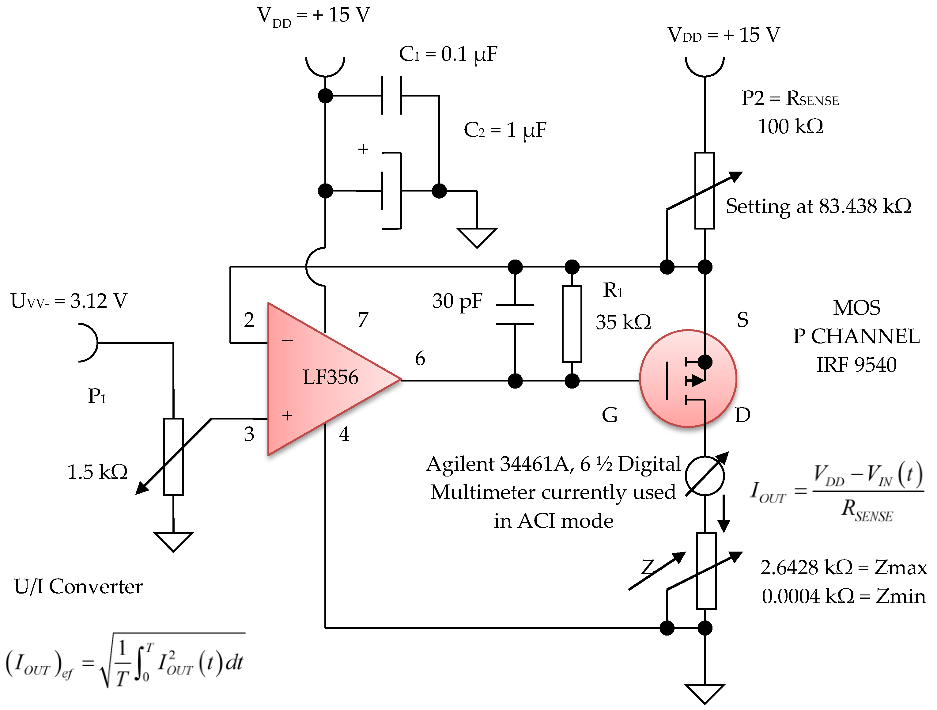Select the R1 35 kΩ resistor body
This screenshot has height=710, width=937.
tap(572, 324)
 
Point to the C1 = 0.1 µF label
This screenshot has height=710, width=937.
tap(448, 54)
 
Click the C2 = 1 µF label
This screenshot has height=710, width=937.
tap(505, 130)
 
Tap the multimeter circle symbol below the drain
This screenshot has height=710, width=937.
tap(705, 476)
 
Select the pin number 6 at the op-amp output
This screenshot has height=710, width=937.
tap(420, 359)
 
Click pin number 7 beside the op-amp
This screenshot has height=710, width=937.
tap(363, 320)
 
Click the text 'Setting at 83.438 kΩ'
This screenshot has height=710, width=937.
tap(818, 207)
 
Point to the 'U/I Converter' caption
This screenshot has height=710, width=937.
tap(78, 587)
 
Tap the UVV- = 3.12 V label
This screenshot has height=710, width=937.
tap(69, 301)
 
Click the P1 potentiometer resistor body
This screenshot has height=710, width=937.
tap(173, 457)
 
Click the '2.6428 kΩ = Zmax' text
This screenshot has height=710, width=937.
tap(843, 568)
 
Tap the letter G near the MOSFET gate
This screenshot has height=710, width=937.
tap(610, 415)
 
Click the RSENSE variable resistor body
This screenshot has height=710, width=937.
tap(705, 191)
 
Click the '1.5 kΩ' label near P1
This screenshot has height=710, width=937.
tap(97, 472)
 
